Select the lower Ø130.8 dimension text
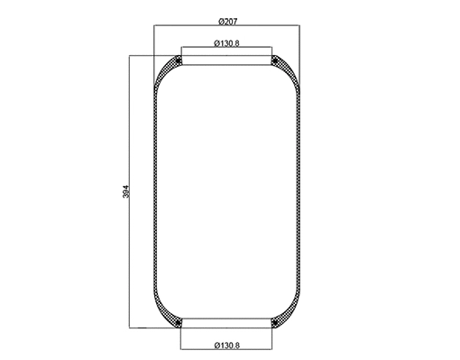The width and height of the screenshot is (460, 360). [225, 344]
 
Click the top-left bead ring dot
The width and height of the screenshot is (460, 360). [179, 61]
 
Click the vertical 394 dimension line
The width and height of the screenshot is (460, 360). [131, 135]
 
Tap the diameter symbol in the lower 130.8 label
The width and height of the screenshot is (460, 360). [211, 344]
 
